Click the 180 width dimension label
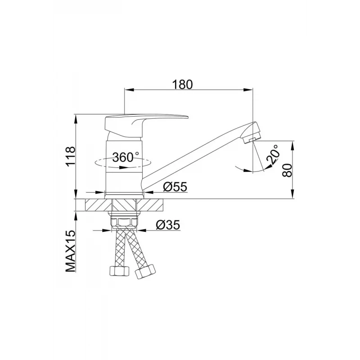coord(183,84)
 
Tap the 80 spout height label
coord(287,170)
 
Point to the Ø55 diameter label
coord(175,187)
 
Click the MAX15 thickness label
coord(71,251)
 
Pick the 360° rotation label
coord(126,157)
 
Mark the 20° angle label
coord(273,154)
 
